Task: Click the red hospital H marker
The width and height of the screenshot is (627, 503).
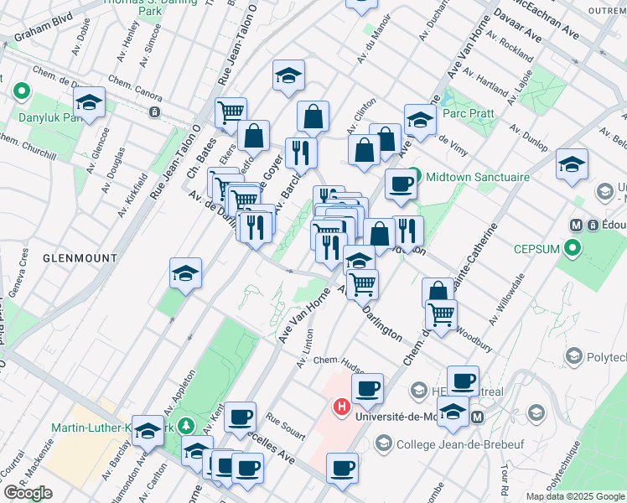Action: (342, 407)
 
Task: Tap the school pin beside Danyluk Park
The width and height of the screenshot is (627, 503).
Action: (88, 103)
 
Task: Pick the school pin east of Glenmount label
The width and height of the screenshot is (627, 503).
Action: (186, 273)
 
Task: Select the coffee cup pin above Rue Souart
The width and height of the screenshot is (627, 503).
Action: (241, 416)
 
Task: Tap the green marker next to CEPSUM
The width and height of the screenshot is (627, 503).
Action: (572, 248)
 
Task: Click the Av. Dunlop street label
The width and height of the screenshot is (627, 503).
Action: (529, 137)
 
